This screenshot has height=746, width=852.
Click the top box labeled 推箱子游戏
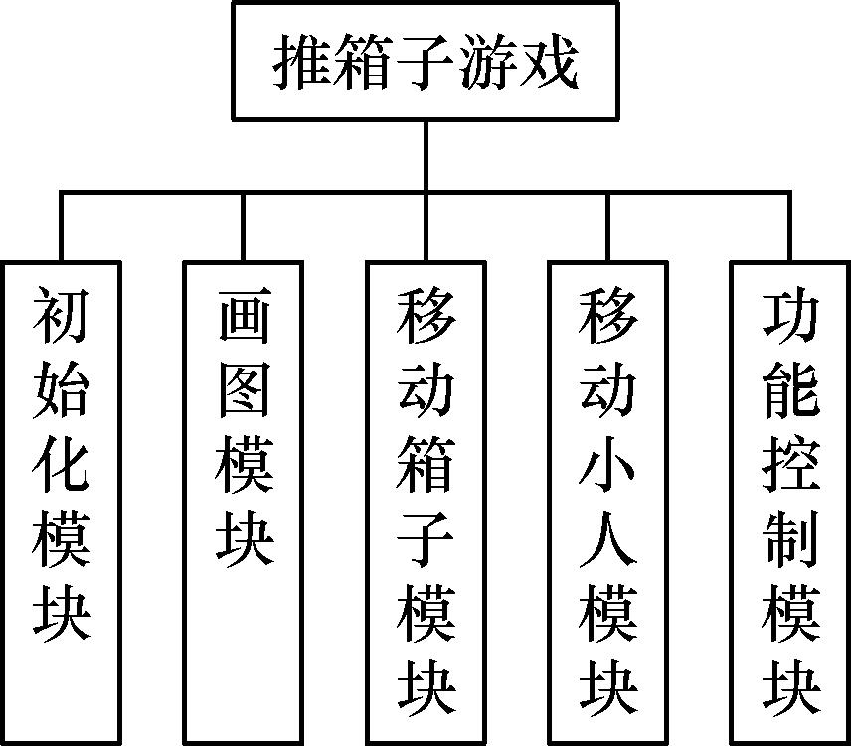pyautogui.click(x=426, y=60)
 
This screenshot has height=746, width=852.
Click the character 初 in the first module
pyautogui.click(x=62, y=316)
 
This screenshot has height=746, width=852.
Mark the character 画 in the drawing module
pyautogui.click(x=244, y=316)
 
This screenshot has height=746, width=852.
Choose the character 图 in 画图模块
pyautogui.click(x=244, y=390)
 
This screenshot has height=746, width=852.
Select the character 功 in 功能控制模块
pyautogui.click(x=790, y=316)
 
